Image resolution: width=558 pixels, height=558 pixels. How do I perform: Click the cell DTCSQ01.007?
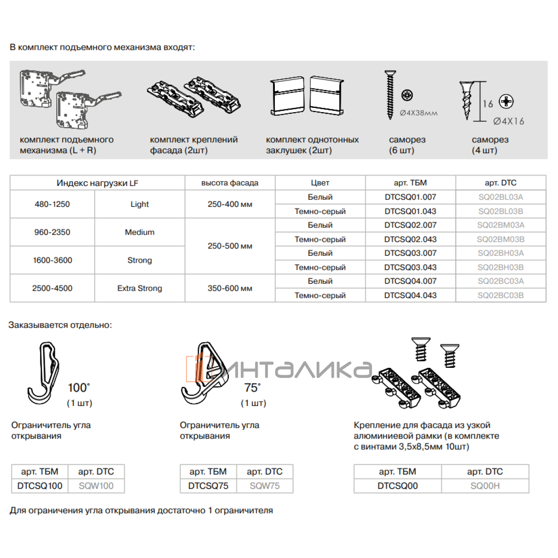click(x=410, y=197)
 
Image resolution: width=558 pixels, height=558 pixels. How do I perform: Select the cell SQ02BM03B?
click(x=500, y=239)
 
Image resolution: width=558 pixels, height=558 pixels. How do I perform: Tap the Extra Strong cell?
click(x=139, y=288)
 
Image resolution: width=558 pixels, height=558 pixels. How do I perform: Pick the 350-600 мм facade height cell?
click(x=230, y=288)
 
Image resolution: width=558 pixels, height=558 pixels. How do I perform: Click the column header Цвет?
click(x=320, y=183)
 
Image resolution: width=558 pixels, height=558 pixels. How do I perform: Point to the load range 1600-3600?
click(x=53, y=260)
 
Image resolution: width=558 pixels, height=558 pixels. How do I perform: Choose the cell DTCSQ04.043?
click(x=410, y=295)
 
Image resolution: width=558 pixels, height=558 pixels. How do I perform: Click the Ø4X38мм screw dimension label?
click(x=418, y=113)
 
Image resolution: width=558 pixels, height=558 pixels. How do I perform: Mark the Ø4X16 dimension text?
click(x=508, y=121)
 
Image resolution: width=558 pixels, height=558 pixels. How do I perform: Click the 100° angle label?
click(x=79, y=388)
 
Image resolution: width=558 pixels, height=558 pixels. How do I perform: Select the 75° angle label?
click(x=252, y=388)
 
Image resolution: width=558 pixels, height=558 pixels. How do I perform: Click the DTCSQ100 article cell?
click(x=40, y=486)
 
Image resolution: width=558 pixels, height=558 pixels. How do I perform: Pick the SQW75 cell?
click(x=265, y=486)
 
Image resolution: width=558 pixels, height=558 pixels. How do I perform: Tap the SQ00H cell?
click(x=485, y=486)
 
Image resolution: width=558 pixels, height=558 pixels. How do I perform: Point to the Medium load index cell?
click(x=139, y=232)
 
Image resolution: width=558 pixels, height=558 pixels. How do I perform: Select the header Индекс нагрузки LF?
click(x=97, y=183)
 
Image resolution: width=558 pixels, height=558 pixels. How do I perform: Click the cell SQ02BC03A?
click(x=500, y=281)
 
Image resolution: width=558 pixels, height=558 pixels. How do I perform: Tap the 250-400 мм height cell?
click(x=230, y=204)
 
